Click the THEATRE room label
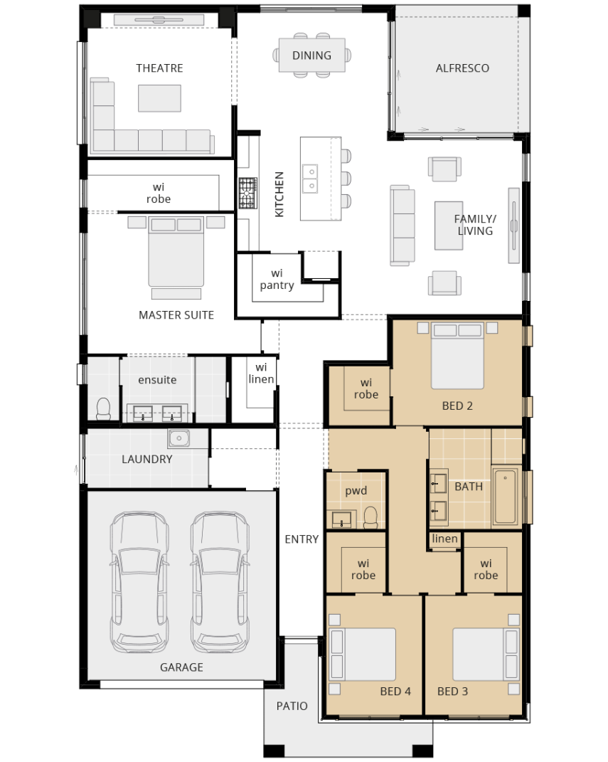click(x=159, y=68)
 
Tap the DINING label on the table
click(x=311, y=55)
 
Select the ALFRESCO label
click(x=462, y=68)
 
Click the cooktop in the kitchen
click(x=247, y=193)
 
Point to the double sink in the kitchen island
click(x=311, y=179)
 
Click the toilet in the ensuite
click(x=103, y=408)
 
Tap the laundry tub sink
click(x=179, y=438)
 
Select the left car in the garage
click(x=139, y=581)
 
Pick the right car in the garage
click(x=220, y=581)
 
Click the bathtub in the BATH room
click(x=505, y=496)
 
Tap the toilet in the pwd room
click(x=370, y=517)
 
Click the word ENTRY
click(x=302, y=539)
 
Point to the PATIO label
click(x=292, y=706)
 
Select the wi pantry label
click(x=277, y=279)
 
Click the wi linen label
click(x=261, y=374)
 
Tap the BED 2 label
click(x=457, y=406)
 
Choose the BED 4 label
click(x=395, y=691)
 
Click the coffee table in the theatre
click(x=159, y=98)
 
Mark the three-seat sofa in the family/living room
click(x=402, y=226)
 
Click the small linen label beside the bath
click(x=445, y=539)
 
